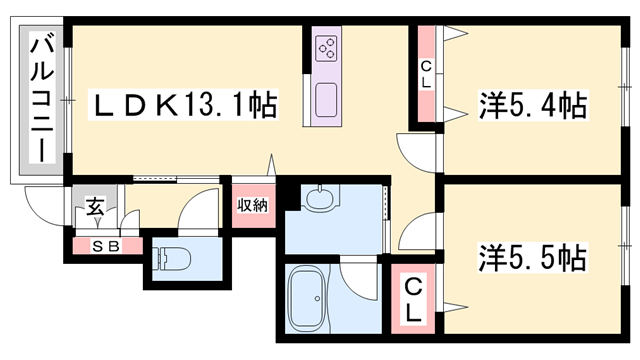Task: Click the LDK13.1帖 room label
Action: click(x=186, y=103)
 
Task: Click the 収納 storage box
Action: click(x=252, y=206)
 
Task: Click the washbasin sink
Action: click(x=320, y=199)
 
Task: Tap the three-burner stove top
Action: click(x=327, y=50)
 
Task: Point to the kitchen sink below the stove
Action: click(x=327, y=99)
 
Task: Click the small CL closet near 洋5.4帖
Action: click(x=427, y=73)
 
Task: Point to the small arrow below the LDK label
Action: click(x=270, y=163)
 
